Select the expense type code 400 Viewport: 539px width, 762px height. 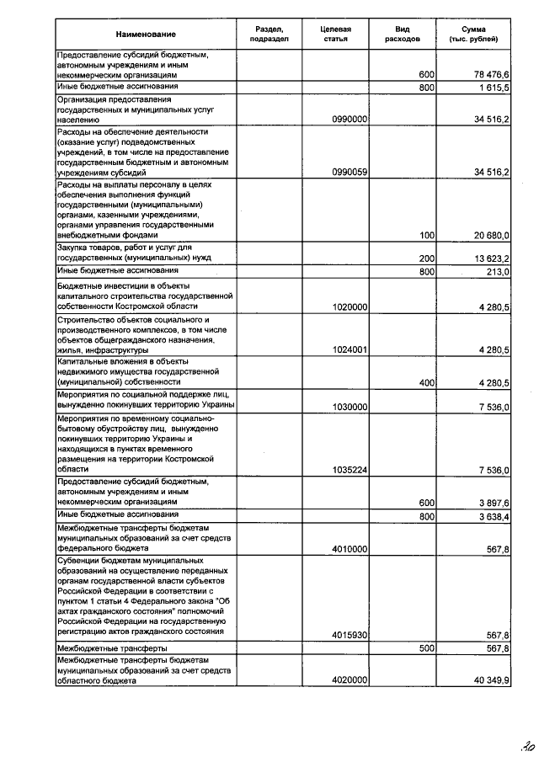pos(426,382)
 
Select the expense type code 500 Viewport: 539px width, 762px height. pos(426,648)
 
